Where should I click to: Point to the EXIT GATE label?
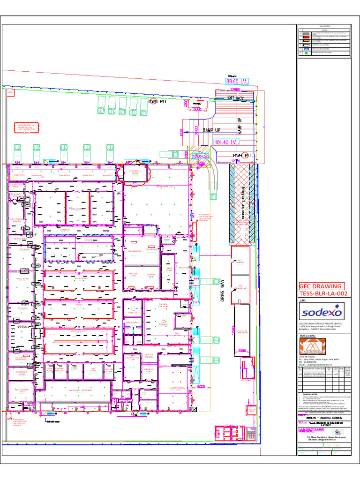tap(235, 97)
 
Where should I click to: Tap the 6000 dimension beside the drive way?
tap(201, 387)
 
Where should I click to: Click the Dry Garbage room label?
tap(240, 262)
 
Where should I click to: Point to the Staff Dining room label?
tap(21, 390)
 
